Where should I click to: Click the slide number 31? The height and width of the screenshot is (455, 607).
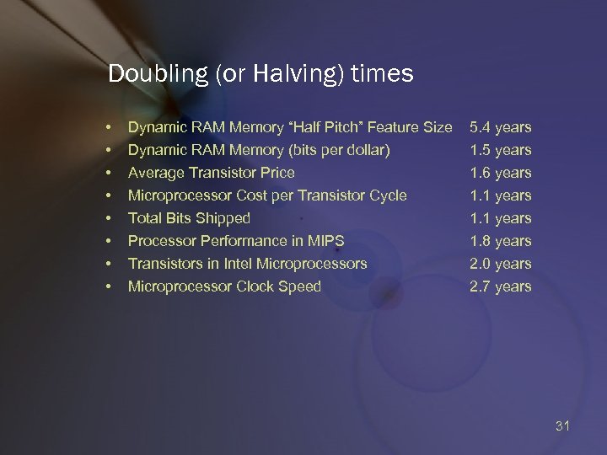coord(563,426)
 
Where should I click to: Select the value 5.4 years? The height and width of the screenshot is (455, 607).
coord(501,127)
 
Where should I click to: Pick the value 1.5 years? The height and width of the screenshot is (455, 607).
coord(501,150)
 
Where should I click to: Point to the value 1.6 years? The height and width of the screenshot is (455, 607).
coord(501,173)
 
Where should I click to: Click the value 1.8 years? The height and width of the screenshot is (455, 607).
coord(501,241)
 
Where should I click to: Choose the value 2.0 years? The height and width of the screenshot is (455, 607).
coord(501,264)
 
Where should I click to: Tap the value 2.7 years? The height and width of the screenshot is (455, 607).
coord(501,286)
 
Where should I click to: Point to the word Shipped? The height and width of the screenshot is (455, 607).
coord(222,218)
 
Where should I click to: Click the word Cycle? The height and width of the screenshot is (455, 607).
coord(388,195)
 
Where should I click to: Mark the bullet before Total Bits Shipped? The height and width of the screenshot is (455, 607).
coord(110,219)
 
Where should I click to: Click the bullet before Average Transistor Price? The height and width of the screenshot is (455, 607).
coord(110,174)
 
